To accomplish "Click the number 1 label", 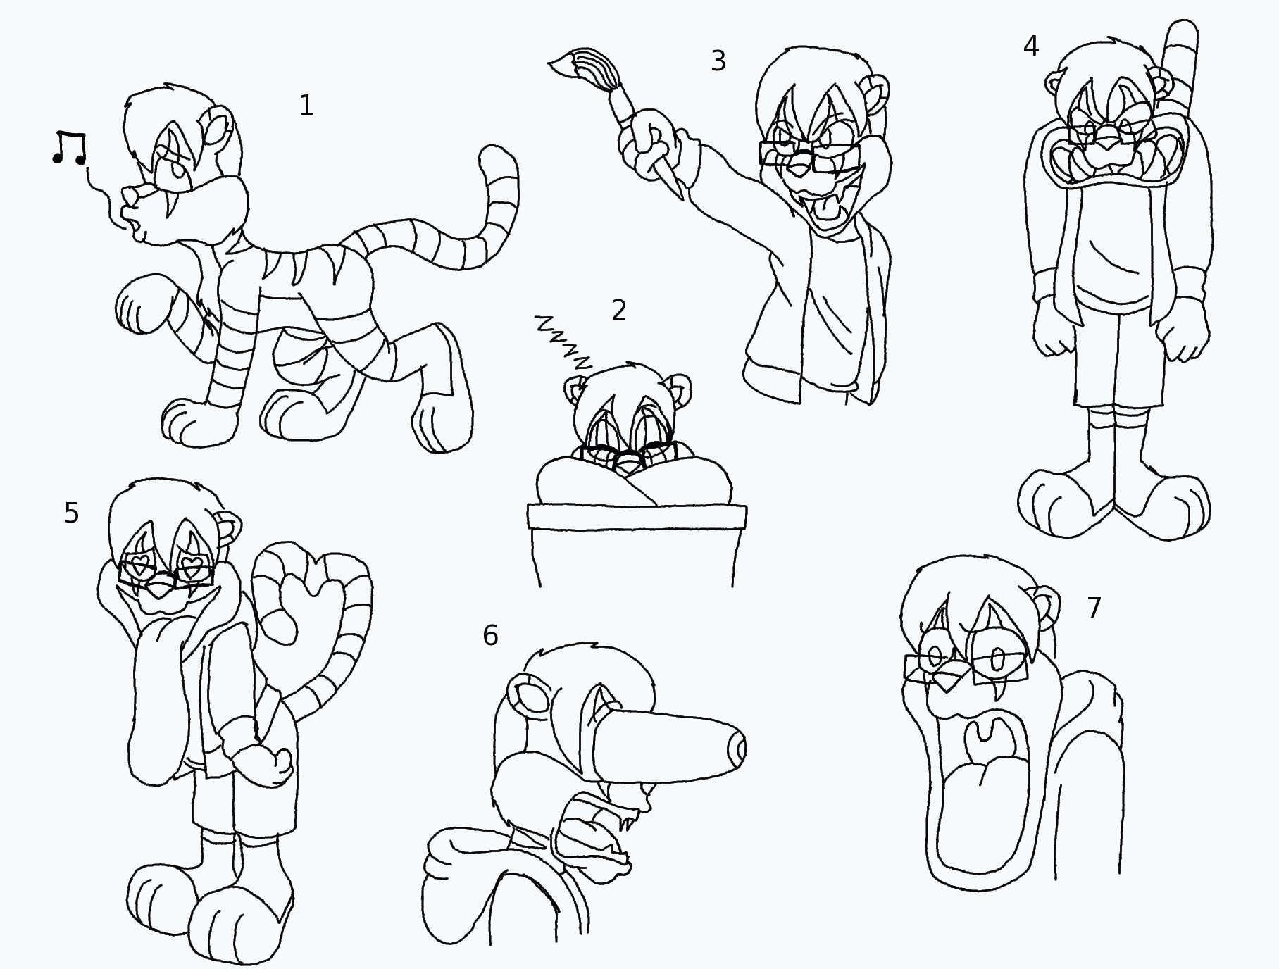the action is pos(306,106).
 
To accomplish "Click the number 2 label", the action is pos(619,310).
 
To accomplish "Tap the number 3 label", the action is pos(718,61).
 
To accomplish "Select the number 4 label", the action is pos(1030,46).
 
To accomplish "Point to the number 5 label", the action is pos(71,513).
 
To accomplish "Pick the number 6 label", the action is pos(490,636).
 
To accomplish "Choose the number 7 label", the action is pos(1094,608).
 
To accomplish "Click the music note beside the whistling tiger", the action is pos(69,148).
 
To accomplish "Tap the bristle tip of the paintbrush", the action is pos(558,64).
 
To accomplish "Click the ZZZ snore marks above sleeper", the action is pos(563,343).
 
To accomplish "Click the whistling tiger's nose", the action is pos(129,194).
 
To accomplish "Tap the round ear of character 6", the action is pos(528,694).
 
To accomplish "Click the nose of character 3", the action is pos(799,168).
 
